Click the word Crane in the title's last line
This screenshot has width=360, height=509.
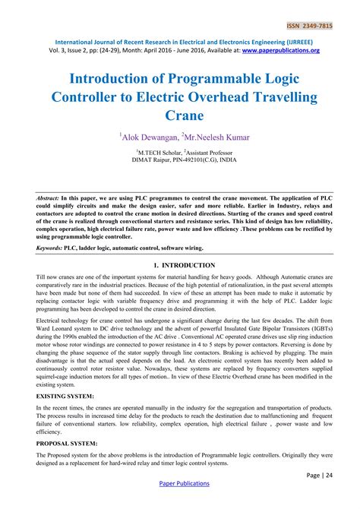(180, 115)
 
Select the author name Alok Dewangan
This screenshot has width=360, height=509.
(151, 137)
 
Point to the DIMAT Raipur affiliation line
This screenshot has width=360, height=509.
(179, 160)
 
